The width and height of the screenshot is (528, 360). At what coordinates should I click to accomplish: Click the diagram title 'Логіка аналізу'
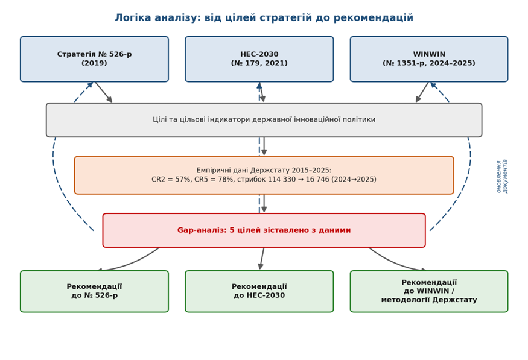157,17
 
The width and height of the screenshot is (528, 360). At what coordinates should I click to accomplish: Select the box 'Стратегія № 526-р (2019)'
94,59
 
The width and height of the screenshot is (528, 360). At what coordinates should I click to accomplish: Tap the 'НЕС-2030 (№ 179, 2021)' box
259,59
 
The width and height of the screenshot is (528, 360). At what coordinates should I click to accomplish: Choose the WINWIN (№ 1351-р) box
429,59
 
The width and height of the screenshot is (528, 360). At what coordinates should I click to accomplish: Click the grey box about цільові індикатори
264,120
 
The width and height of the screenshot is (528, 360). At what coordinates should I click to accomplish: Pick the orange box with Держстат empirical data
264,175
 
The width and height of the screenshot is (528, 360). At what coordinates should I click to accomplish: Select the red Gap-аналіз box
264,230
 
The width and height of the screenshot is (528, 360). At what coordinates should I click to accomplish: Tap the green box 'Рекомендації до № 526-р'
94,291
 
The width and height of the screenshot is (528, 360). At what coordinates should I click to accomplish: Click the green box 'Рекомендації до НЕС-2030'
259,291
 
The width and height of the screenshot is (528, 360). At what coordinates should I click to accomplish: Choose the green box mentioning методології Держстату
429,291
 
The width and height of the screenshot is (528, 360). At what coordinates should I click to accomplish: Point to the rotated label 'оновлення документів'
501,176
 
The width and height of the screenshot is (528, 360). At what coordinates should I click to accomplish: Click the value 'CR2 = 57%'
171,179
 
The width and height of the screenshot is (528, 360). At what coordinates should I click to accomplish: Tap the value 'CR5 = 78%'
214,179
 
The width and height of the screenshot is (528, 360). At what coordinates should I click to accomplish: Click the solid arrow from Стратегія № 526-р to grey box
103,92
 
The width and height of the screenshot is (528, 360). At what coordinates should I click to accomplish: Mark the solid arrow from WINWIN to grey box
422,92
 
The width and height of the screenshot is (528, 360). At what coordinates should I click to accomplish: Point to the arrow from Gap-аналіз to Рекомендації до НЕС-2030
262,259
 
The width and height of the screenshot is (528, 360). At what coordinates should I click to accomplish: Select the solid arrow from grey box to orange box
264,147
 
